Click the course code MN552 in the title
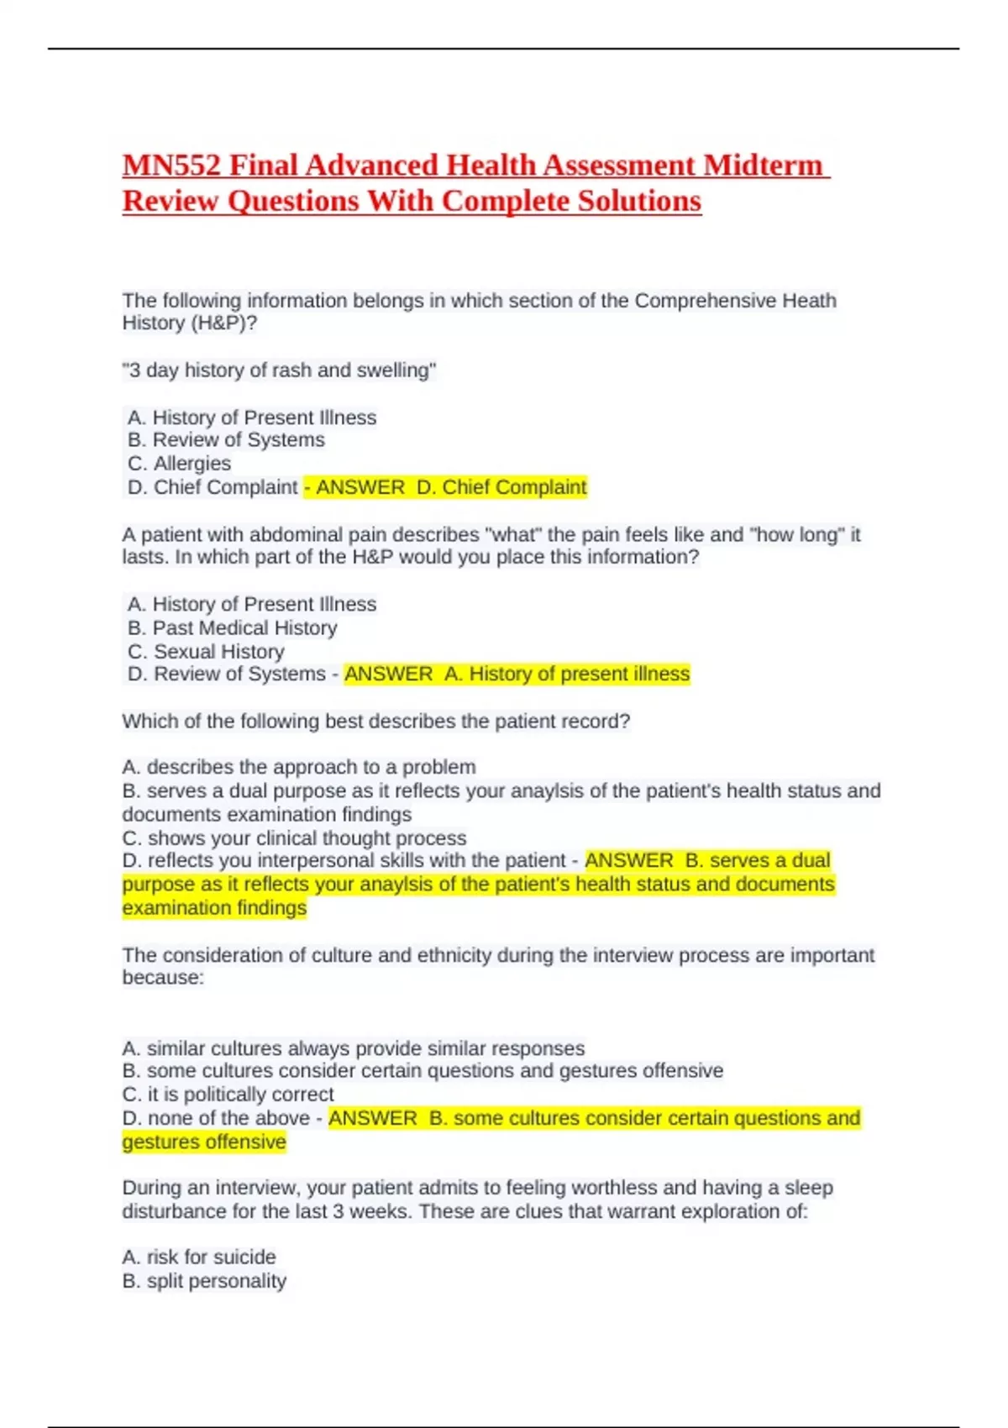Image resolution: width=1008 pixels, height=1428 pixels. (171, 165)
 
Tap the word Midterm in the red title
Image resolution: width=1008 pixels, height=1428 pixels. (763, 165)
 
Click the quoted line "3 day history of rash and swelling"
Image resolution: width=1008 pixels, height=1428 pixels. (279, 370)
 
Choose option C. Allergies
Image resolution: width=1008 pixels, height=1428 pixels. (179, 464)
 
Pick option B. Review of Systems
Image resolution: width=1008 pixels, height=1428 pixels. (226, 440)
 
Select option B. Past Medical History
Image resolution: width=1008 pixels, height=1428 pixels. (233, 628)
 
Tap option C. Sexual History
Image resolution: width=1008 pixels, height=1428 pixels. (206, 652)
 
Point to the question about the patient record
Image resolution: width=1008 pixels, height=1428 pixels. (376, 722)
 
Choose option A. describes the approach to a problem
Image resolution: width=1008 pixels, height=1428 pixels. (299, 768)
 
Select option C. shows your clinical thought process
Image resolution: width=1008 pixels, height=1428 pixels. (294, 838)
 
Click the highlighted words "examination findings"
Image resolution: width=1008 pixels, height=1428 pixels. (214, 909)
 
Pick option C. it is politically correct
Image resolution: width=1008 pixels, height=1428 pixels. (228, 1095)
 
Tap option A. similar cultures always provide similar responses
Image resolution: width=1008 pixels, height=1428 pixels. (353, 1049)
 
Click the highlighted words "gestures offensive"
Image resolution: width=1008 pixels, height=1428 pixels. (204, 1142)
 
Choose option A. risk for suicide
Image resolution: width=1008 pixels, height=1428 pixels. (199, 1257)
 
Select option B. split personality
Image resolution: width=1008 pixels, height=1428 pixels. (204, 1282)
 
